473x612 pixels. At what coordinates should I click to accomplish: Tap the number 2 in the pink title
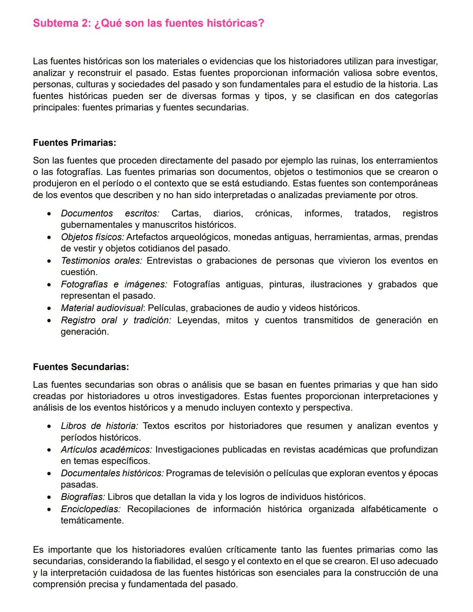click(85, 23)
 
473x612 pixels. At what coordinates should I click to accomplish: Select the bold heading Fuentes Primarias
click(74, 143)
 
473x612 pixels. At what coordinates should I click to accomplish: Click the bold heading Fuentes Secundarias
click(81, 367)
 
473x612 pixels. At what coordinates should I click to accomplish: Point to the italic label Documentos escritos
click(110, 213)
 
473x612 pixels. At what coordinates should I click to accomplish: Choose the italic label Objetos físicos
click(92, 237)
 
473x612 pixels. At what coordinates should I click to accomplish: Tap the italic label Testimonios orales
click(101, 261)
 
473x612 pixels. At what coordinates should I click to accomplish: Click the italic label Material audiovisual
click(102, 308)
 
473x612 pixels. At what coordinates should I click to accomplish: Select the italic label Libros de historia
click(99, 426)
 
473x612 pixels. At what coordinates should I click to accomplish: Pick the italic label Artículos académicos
click(106, 449)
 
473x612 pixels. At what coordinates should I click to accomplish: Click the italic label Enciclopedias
click(91, 509)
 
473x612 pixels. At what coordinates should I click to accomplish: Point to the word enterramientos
click(407, 161)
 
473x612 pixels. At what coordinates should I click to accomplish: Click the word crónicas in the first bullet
click(273, 213)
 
